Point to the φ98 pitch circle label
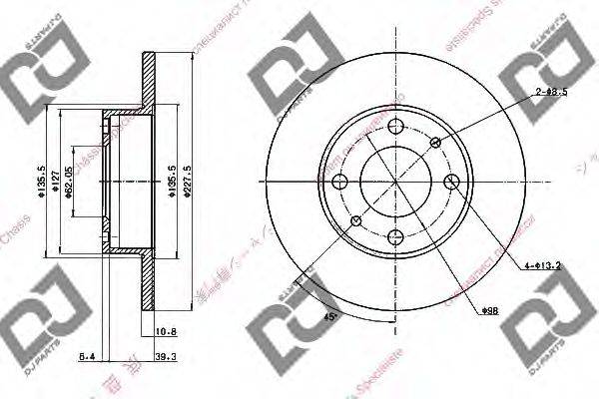[x=489, y=312]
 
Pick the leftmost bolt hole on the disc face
[x=340, y=182]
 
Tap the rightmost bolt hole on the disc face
[x=451, y=182]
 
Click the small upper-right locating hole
[x=435, y=143]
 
